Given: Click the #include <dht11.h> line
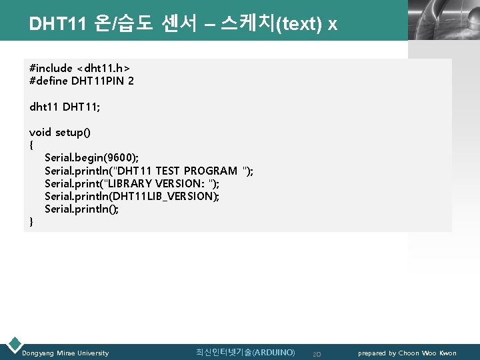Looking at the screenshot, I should pyautogui.click(x=79, y=68).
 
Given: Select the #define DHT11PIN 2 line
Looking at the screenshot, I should pyautogui.click(x=81, y=81).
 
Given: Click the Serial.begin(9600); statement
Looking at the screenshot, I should pyautogui.click(x=92, y=158).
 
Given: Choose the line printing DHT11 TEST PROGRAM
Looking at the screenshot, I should pyautogui.click(x=149, y=171).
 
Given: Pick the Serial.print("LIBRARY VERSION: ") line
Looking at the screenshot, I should pyautogui.click(x=132, y=183).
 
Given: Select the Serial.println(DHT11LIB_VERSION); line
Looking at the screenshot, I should pyautogui.click(x=132, y=196).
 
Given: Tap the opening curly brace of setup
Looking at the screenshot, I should pyautogui.click(x=31, y=145).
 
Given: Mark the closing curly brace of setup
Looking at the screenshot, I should pyautogui.click(x=31, y=221).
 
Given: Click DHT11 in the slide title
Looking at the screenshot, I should pyautogui.click(x=51, y=24).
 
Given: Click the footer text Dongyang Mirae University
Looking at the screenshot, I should pyautogui.click(x=66, y=353).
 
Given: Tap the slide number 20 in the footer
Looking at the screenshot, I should pyautogui.click(x=317, y=353).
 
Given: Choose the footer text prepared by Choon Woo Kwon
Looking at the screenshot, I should pyautogui.click(x=407, y=353).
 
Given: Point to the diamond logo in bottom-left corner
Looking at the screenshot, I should pyautogui.click(x=13, y=345).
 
